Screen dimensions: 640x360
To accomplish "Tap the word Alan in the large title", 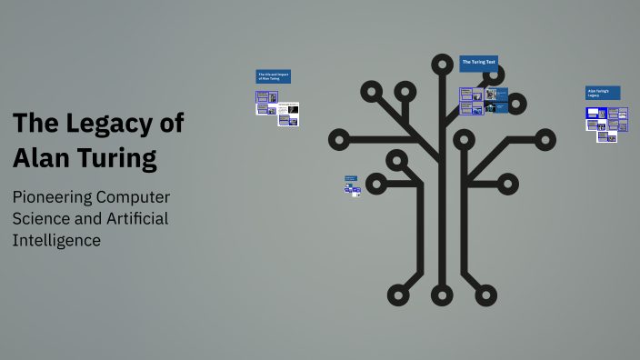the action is click(x=43, y=157).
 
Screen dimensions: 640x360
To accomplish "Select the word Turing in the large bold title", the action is click(x=117, y=157).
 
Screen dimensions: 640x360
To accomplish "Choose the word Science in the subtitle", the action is click(x=43, y=219).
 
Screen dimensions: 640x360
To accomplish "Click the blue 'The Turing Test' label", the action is click(x=478, y=63).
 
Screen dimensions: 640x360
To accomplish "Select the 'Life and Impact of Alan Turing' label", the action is click(x=273, y=76).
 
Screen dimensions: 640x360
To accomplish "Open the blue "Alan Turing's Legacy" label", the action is click(x=602, y=93).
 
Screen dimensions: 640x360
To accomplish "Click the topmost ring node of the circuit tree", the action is click(x=443, y=65).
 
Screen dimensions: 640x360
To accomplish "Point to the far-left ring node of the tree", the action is click(x=339, y=140).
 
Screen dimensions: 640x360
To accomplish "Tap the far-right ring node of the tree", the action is click(x=545, y=140).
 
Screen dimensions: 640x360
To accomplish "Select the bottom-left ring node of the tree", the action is click(x=398, y=294).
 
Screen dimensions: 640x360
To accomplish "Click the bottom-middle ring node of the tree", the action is click(x=443, y=294).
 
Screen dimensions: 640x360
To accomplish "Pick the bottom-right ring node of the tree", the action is click(x=486, y=294).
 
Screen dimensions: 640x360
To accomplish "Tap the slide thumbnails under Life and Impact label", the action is click(x=277, y=108).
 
